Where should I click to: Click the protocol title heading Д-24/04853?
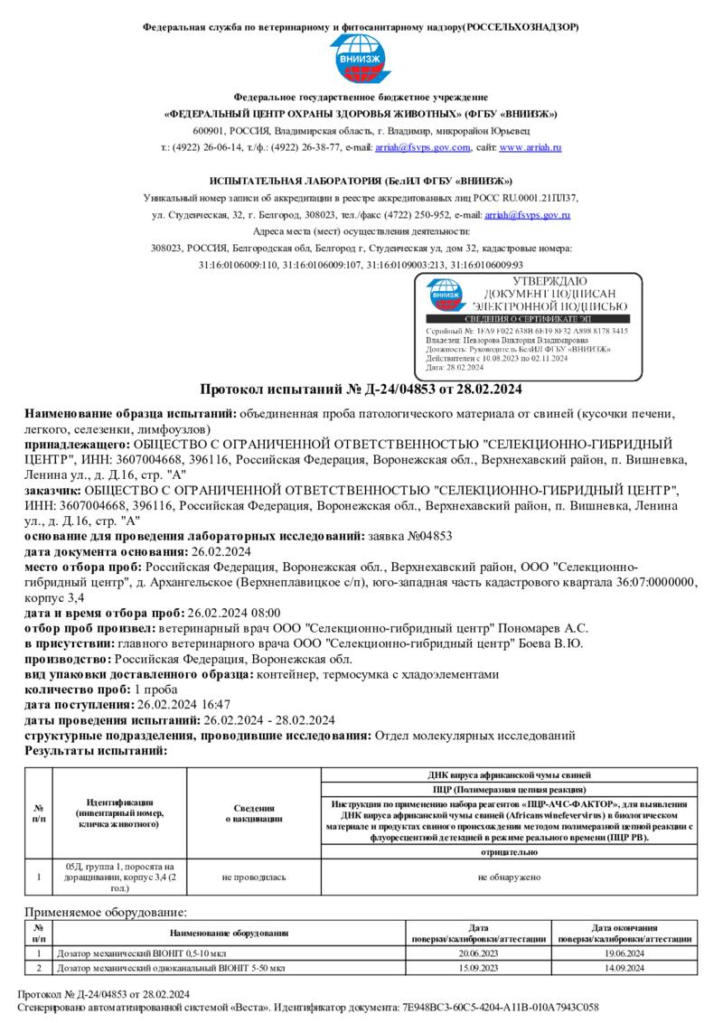point(361,389)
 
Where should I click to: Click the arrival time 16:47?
point(213,704)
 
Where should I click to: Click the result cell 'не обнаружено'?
point(510,877)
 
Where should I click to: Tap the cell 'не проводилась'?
point(254,877)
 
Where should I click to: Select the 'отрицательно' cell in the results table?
point(510,852)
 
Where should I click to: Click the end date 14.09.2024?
point(618,968)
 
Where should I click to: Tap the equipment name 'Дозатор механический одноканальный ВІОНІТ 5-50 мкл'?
point(171,968)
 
